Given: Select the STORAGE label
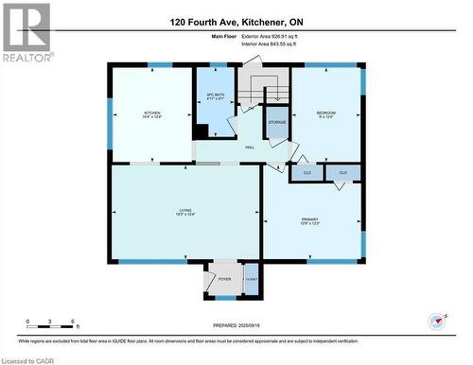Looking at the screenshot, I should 277,123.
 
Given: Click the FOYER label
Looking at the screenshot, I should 225,279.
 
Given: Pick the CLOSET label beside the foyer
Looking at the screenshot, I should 252,281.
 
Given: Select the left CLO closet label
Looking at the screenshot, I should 307,173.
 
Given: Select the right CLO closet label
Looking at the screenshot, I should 343,172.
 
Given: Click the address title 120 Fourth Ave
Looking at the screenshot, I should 236,21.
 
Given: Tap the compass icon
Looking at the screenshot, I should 436,322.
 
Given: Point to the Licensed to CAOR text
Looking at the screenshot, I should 27,359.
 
